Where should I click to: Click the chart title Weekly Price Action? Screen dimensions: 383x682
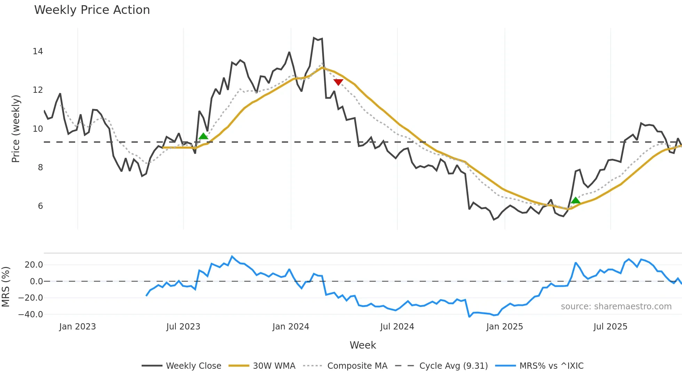pos(92,10)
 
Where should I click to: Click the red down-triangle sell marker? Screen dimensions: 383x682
pos(338,82)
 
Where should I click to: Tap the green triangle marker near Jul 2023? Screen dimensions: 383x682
pos(204,136)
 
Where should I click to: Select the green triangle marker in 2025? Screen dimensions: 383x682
pos(576,200)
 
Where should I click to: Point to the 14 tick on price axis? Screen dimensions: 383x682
pos(38,51)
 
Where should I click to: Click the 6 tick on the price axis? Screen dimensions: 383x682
pos(40,206)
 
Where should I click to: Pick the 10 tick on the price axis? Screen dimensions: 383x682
pos(38,129)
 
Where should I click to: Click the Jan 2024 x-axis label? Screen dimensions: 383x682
pos(291,327)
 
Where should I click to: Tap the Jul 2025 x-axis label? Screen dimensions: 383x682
pos(610,327)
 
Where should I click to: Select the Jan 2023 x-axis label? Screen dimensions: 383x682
pos(77,327)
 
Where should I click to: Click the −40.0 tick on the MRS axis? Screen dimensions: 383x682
pos(31,315)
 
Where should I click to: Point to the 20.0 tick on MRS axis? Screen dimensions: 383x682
pos(34,265)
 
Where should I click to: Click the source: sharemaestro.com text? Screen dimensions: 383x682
pos(616,307)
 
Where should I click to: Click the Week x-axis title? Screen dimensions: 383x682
pos(363,345)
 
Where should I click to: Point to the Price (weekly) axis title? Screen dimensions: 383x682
pos(16,129)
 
